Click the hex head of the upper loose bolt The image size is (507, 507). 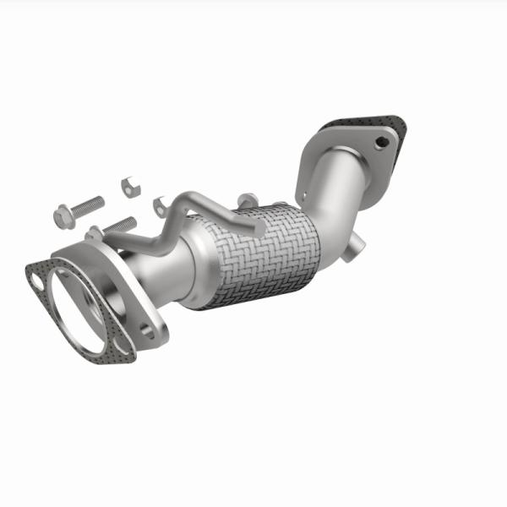click(62, 217)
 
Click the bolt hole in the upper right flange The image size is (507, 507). click(381, 141)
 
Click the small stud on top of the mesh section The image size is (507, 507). click(248, 201)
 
